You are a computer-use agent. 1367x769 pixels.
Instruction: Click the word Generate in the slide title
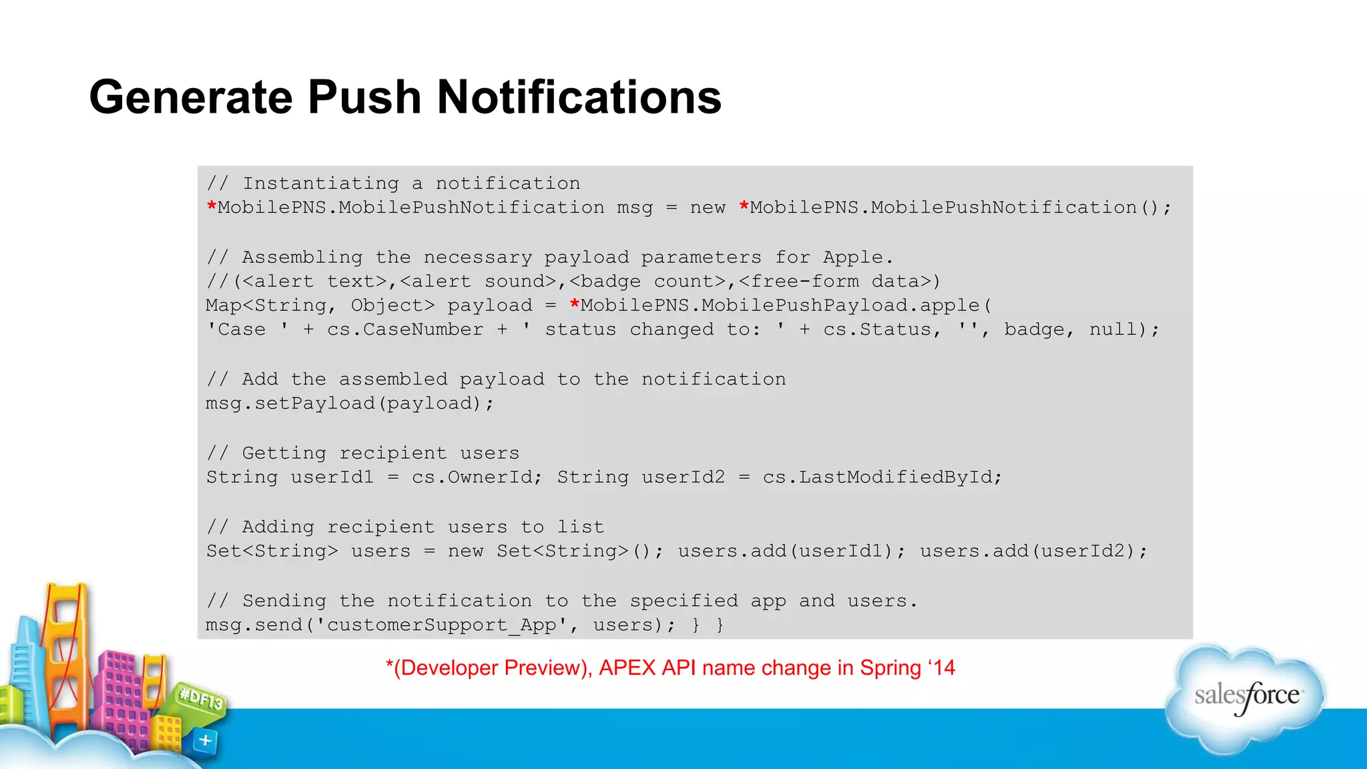tap(191, 97)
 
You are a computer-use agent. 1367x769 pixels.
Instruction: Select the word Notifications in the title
tap(579, 97)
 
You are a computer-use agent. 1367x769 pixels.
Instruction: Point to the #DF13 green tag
tap(201, 699)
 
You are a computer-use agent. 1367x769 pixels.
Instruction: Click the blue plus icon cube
tap(205, 740)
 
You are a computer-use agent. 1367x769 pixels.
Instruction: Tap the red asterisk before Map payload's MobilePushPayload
tap(574, 304)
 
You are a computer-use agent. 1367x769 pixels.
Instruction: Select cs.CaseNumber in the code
tap(404, 329)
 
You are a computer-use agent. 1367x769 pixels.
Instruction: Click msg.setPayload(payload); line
tap(349, 403)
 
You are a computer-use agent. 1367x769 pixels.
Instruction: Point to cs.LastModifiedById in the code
tap(882, 477)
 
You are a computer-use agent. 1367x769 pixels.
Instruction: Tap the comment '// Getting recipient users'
tap(362, 453)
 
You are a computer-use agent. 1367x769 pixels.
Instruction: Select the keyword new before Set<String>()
tap(465, 551)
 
